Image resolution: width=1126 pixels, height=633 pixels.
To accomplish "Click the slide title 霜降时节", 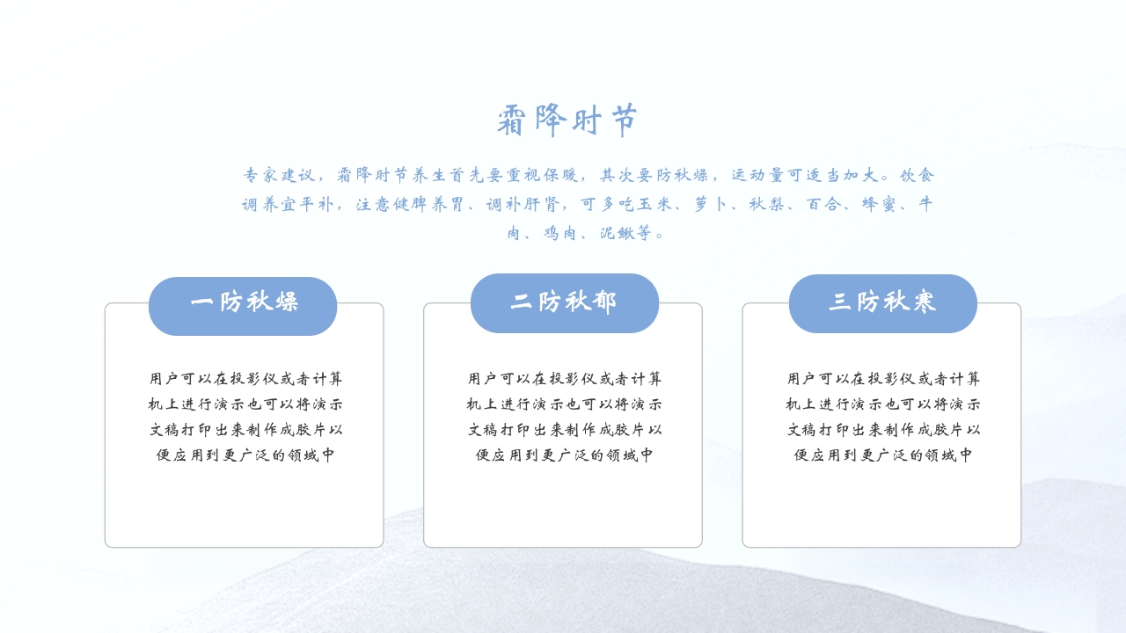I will (x=567, y=120).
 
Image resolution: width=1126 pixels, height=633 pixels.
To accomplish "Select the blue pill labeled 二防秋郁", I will (x=564, y=303).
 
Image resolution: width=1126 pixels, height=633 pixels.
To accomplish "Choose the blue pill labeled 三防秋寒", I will (x=882, y=303).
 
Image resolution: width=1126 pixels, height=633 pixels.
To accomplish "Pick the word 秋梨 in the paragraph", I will (x=767, y=204).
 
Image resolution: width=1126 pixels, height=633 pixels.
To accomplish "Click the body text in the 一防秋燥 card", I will (x=245, y=417).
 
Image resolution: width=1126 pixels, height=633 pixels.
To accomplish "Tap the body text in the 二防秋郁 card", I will (x=564, y=417).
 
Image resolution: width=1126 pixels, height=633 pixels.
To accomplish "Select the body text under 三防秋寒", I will (x=883, y=417).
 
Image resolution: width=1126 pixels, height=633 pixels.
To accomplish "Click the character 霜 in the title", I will (x=511, y=120).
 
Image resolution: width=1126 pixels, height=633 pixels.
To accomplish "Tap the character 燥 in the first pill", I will (x=286, y=302).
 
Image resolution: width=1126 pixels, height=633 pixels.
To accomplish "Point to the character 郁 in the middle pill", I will (x=605, y=302).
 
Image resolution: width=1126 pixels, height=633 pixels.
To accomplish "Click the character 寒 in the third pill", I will (x=924, y=302).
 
